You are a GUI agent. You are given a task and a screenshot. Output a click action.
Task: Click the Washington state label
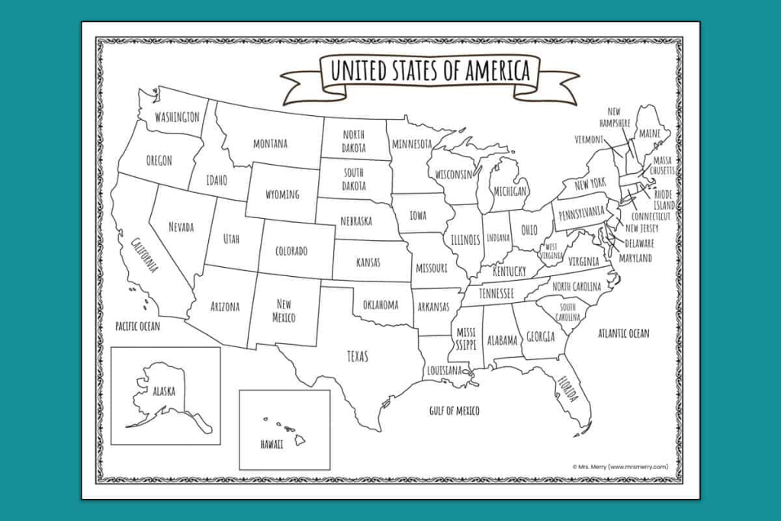(x=177, y=117)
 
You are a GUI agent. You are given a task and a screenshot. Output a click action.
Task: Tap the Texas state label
(x=357, y=356)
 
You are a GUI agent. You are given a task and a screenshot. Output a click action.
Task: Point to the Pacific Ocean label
(x=137, y=326)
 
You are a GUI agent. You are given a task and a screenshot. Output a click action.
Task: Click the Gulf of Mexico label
(x=454, y=411)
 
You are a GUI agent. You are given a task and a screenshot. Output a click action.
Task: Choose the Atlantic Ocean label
(x=623, y=333)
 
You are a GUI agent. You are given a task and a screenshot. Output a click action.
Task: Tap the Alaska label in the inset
(x=163, y=391)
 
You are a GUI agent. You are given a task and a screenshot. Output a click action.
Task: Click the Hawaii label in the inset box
(x=272, y=443)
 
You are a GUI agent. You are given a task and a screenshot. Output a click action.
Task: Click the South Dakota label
(x=353, y=179)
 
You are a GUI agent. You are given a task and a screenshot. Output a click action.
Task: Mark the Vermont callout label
(x=589, y=140)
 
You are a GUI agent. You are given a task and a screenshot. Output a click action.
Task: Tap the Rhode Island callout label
(x=664, y=200)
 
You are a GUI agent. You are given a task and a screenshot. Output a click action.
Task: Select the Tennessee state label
(x=496, y=293)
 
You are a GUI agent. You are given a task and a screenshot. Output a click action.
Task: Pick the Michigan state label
(x=509, y=191)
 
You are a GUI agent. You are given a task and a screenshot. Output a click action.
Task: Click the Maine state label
(x=650, y=133)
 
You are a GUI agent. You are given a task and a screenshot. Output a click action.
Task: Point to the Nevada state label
(x=181, y=227)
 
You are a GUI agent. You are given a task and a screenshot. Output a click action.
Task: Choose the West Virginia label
(x=551, y=251)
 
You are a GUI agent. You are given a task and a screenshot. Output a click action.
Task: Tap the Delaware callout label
(x=639, y=243)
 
